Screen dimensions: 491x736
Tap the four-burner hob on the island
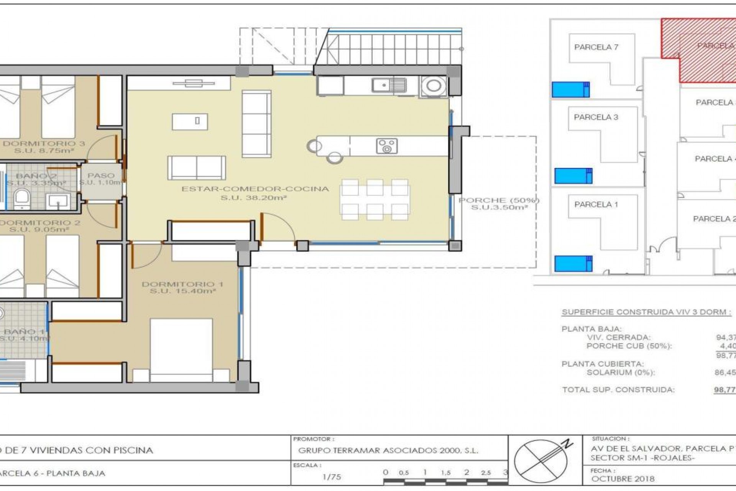point(387,146)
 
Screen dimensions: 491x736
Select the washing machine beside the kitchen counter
point(434,86)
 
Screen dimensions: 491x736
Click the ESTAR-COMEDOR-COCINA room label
point(255,189)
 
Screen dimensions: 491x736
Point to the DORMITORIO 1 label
point(182,284)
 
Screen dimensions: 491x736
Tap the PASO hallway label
point(101,175)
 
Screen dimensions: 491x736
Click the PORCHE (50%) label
point(499,200)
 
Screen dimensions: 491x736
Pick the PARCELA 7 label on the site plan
point(596,47)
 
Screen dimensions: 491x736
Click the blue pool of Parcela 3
point(573,176)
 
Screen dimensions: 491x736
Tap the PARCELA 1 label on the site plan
point(596,204)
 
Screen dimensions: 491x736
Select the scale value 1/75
point(332,477)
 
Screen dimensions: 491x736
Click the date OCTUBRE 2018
point(623,479)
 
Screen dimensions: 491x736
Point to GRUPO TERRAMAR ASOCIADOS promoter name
point(388,451)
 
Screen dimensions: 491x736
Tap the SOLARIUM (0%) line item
point(620,372)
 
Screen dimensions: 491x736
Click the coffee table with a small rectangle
point(190,122)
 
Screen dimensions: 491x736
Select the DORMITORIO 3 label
point(44,144)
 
